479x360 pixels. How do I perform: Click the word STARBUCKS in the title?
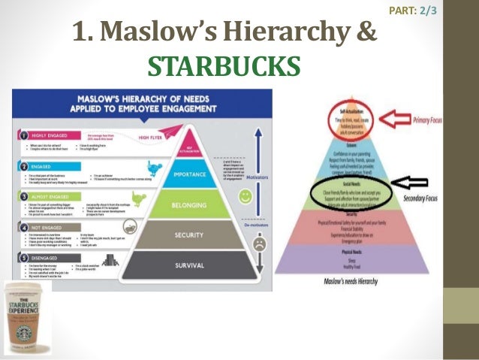[x=223, y=65]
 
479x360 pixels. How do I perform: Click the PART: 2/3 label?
[x=414, y=10]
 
